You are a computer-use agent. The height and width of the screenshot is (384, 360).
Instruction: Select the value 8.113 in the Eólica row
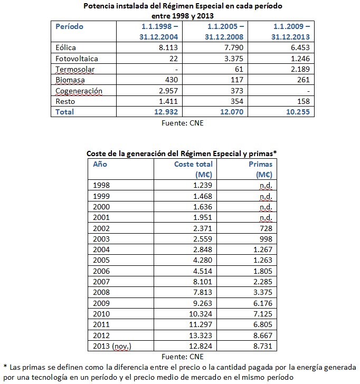tap(169, 47)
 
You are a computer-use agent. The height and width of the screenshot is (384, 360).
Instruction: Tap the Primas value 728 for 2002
tap(266, 228)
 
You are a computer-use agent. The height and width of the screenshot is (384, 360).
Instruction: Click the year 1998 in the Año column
tap(101, 185)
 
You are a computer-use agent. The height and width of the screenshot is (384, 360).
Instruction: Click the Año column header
tap(100, 164)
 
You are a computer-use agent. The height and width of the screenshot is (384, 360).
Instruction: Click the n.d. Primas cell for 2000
tap(265, 207)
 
